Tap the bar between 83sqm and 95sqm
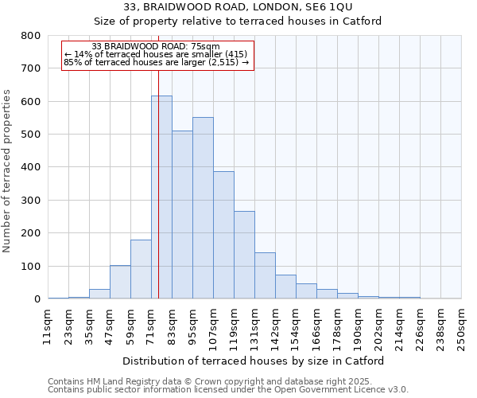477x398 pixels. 182,215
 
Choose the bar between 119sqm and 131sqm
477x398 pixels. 244,255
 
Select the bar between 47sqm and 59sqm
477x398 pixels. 120,282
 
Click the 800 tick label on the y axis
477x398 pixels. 31,36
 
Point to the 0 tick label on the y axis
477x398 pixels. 37,299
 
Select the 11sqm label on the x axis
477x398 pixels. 48,326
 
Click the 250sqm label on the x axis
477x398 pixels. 461,326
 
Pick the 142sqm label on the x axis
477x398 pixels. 275,326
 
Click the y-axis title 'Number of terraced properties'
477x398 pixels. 8,171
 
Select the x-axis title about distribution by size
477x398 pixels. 254,361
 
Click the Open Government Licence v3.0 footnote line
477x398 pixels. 228,390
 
